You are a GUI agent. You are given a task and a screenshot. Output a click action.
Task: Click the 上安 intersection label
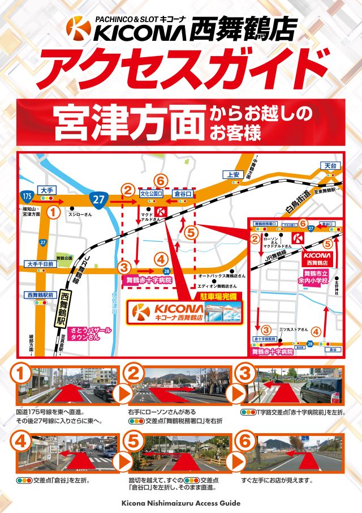234,174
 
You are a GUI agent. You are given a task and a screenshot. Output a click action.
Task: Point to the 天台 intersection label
330,165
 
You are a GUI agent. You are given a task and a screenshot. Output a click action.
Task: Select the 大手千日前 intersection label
40,264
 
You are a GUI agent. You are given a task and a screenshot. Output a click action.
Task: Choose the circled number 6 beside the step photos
245,440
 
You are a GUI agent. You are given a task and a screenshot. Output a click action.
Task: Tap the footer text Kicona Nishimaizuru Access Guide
181,503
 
